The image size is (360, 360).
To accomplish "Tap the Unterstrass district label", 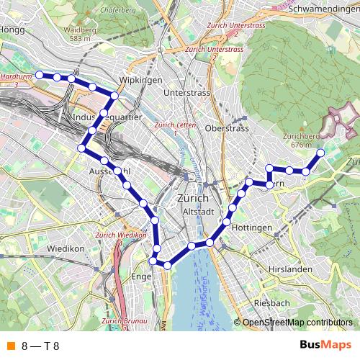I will (186, 94).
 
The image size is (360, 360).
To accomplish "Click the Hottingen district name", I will (253, 228).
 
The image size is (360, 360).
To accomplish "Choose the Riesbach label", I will (271, 303).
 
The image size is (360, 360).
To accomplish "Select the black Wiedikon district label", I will (66, 248).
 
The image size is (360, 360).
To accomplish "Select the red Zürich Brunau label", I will (119, 320).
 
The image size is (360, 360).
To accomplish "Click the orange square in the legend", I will (10, 346).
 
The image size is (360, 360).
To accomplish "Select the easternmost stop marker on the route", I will (320, 153).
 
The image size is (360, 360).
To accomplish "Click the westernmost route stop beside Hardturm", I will (40, 74).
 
